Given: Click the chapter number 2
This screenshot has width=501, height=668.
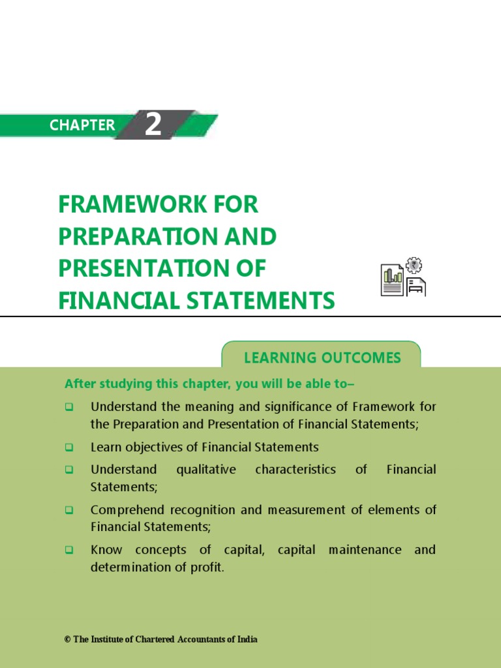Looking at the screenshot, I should coord(153,124).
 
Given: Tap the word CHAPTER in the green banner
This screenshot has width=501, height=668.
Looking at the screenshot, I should coord(82,125).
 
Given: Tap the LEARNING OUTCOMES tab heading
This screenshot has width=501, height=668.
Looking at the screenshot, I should coord(322,357).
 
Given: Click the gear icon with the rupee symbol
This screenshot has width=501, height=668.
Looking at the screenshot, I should coord(414,265).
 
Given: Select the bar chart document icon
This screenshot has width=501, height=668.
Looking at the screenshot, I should coord(392,281).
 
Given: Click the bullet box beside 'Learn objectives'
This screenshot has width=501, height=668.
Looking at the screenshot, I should coord(68,448).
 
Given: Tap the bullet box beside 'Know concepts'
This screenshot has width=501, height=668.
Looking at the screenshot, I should coord(68,550).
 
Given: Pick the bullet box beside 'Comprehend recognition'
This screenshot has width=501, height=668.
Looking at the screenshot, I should coord(68,510).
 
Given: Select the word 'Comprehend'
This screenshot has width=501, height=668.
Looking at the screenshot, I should coord(123,509).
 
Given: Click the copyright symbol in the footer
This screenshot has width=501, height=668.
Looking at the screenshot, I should coord(67,640).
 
